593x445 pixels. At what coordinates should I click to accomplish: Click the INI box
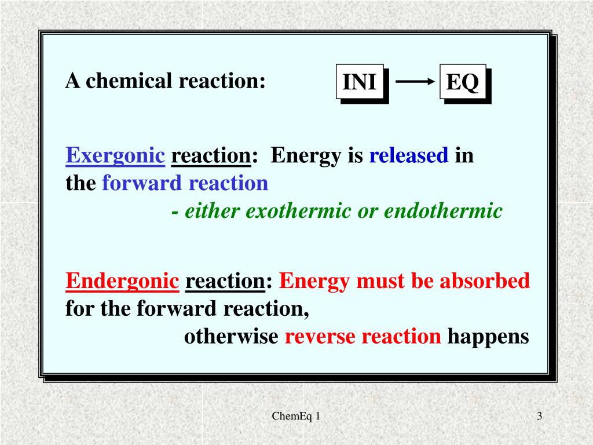point(360,82)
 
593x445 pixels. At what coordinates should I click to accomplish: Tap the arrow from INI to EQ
point(414,82)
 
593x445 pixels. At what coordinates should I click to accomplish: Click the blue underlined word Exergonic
point(115,156)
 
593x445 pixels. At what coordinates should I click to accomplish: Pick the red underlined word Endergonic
point(122,282)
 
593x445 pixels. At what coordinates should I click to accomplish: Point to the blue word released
point(409,156)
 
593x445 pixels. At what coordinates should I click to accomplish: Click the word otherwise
point(231,337)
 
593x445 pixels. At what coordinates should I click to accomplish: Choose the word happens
point(488,337)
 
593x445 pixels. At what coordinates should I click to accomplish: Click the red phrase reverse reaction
point(363,337)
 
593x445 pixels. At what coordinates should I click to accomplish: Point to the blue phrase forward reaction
point(185,184)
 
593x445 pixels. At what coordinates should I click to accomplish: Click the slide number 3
point(539,416)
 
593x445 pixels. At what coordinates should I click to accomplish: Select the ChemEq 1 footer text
point(296,416)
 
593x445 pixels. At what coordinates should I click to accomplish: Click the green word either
point(211,211)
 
